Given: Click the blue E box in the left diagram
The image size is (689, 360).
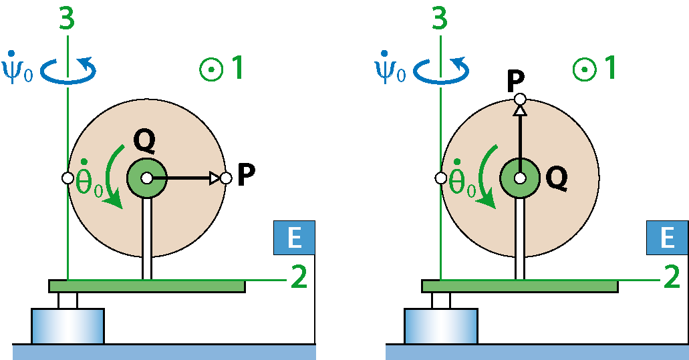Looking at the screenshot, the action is tap(295, 238).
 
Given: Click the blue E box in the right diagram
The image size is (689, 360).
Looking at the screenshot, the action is tap(667, 238).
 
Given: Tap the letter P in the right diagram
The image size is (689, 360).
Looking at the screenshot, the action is tap(515, 81).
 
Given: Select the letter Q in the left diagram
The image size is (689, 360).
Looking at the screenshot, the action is tap(144, 142).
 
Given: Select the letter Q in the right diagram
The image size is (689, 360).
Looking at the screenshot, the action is tap(556, 179).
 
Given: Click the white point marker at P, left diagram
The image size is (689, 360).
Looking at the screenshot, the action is tap(226, 178).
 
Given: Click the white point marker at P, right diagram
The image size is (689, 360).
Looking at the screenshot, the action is tap(520, 100).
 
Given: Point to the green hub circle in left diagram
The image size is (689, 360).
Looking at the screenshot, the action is tap(147, 178).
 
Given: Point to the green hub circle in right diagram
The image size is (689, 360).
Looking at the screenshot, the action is tap(520, 178).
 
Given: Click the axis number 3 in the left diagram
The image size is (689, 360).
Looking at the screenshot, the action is tap(67, 19).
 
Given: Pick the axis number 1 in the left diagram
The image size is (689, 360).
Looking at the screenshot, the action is tap(237, 67).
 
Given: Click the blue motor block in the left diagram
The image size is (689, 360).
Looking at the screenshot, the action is tap(67, 326).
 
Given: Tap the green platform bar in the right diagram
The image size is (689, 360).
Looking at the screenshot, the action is tap(520, 287).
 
